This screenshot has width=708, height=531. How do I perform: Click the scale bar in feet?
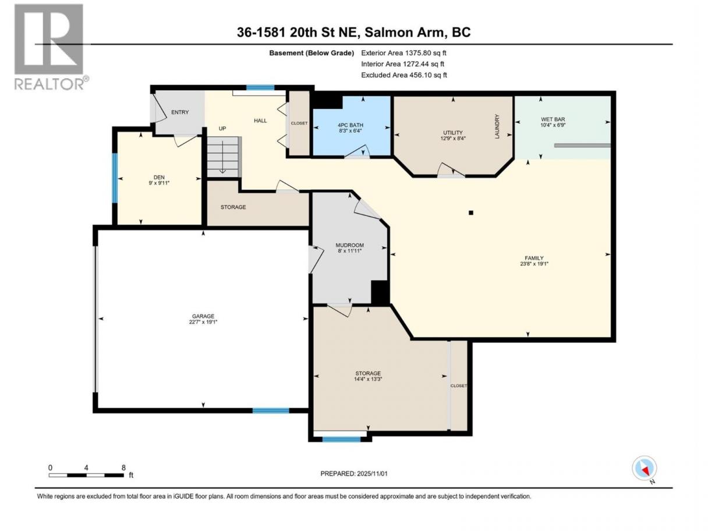click(86, 475)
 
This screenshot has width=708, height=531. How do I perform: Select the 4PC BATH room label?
click(351, 125)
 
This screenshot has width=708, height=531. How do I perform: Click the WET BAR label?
click(553, 119)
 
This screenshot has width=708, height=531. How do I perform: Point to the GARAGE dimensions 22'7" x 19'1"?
click(203, 322)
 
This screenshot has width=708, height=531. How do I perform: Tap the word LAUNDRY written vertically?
click(497, 126)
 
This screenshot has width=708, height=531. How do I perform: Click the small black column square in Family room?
click(471, 213)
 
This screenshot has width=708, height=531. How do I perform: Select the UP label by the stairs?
click(222, 128)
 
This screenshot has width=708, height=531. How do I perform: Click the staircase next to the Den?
click(223, 157)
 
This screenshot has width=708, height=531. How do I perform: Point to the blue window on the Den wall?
click(115, 178)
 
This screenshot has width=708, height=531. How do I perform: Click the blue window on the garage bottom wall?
click(271, 410)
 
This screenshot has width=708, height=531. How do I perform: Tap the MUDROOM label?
click(350, 245)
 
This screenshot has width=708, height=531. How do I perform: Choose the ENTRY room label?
click(180, 112)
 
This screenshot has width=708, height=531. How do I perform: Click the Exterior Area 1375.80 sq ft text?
click(404, 53)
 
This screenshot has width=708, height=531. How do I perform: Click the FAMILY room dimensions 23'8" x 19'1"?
click(534, 263)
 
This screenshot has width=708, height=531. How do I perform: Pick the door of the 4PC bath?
click(357, 152)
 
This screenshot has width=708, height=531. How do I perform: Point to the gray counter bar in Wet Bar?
click(582, 146)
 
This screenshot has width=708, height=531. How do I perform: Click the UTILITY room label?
click(453, 133)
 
